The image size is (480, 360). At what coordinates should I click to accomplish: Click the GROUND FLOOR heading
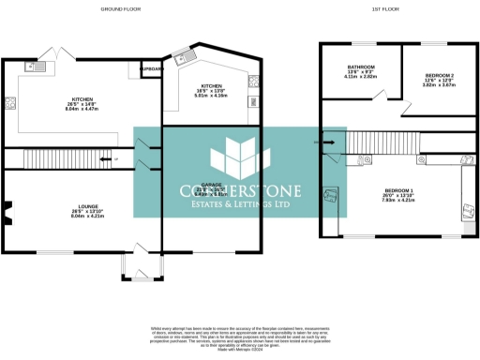(x=117, y=8)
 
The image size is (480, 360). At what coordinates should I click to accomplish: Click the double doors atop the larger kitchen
(x=62, y=51)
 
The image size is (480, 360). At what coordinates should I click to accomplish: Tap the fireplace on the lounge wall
(x=7, y=215)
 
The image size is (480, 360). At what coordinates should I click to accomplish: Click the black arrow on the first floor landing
(x=328, y=142)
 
